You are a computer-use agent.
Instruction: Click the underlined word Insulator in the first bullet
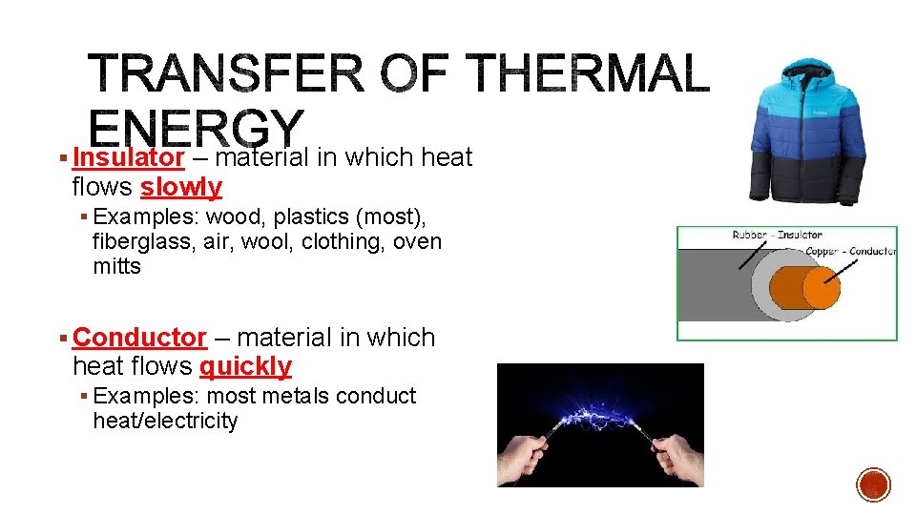[x=128, y=157]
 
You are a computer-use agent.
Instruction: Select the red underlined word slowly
[x=181, y=187]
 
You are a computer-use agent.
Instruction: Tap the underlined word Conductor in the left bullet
[x=139, y=338]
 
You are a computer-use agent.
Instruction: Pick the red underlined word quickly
[x=245, y=366]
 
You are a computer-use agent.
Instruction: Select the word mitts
[x=116, y=267]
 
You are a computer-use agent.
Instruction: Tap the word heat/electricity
[x=165, y=421]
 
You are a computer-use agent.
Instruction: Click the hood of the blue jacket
[x=808, y=76]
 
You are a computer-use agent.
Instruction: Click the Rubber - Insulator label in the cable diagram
[x=777, y=235]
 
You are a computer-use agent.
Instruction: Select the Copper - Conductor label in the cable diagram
[x=851, y=251]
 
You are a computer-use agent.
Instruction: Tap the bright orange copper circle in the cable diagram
[x=820, y=287]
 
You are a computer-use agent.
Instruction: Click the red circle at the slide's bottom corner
[x=873, y=484]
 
